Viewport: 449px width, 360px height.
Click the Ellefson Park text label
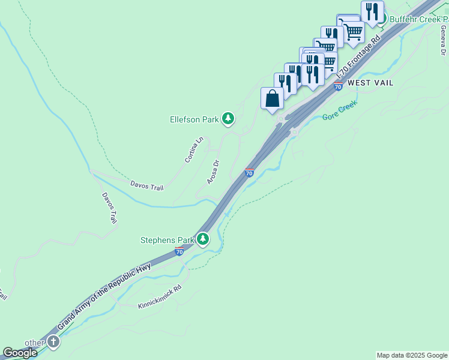click(194, 119)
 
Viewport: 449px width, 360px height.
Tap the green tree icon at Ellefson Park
click(228, 119)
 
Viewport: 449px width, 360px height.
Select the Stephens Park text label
click(167, 240)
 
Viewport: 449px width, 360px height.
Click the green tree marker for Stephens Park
click(203, 239)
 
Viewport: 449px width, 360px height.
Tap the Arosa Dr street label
click(213, 171)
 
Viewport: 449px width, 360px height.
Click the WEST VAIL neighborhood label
click(370, 83)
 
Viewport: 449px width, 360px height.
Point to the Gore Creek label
click(340, 110)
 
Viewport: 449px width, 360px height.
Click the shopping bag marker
click(272, 98)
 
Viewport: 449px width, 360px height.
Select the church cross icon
click(53, 342)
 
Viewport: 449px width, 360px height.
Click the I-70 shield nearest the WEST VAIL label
click(338, 87)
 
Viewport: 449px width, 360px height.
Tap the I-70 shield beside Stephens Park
click(179, 251)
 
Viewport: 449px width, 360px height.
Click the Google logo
click(20, 353)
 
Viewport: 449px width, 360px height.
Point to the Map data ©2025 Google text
click(412, 355)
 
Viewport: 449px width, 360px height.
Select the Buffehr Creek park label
click(419, 19)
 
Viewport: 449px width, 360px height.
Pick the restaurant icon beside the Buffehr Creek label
click(373, 11)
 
